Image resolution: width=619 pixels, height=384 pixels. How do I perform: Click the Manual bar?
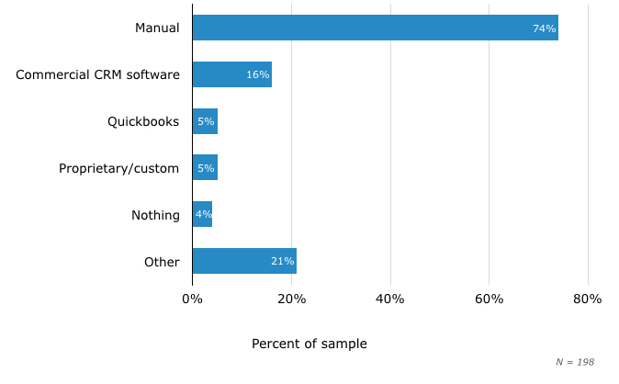pos(375,28)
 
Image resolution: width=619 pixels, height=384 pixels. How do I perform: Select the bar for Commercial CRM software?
pos(231,74)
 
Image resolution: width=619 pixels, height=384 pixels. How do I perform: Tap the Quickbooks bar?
pos(205,121)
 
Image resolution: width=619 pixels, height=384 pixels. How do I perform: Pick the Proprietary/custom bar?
pos(205,168)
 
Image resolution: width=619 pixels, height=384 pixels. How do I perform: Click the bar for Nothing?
pos(202,215)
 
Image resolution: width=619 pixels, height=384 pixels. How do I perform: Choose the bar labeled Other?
pos(244,262)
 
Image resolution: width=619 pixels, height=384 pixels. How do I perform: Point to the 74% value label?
pos(545,28)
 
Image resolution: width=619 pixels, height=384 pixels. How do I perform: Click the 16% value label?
pos(258,75)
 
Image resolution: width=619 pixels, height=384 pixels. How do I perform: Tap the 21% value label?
pos(282,262)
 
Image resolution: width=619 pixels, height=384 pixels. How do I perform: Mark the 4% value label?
pos(203,215)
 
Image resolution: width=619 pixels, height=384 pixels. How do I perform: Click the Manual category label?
pos(157,28)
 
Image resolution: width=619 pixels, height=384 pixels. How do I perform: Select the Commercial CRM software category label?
pos(97,74)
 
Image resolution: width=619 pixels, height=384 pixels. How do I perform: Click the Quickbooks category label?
pos(143,121)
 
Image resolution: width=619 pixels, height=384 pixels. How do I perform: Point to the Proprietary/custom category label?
pos(119,168)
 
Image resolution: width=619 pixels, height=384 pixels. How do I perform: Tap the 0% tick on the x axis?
pos(192,299)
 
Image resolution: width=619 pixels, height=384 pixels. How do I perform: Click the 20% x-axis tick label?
pos(291,299)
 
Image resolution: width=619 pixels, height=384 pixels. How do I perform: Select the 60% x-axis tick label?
pos(489,299)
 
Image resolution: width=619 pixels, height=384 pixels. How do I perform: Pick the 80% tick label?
pos(587,299)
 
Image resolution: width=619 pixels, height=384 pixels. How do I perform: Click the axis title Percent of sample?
pos(309,344)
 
